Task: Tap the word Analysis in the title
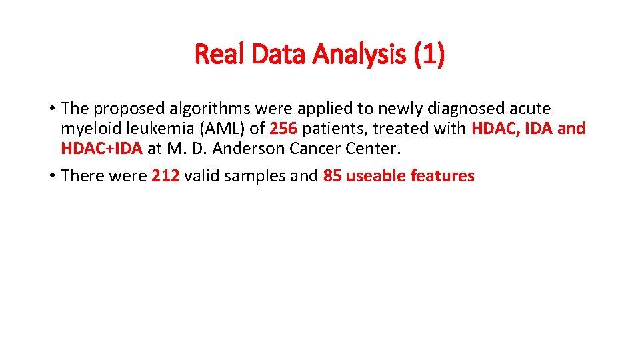point(363,55)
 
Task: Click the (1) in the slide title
point(429,55)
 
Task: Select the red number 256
point(284,129)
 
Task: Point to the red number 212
point(165,176)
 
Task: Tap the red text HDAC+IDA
point(101,149)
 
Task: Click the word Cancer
point(313,149)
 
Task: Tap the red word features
point(443,176)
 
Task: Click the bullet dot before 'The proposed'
point(51,109)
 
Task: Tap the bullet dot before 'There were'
point(51,176)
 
